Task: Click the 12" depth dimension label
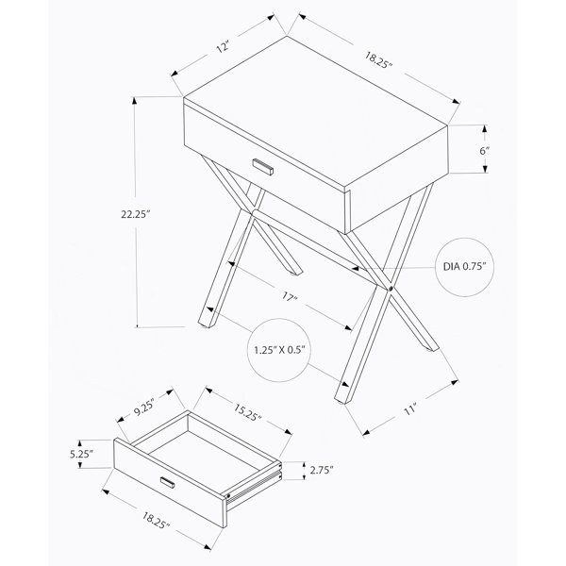pos(224,47)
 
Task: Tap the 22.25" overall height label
pos(135,214)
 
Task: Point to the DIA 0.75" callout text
pos(464,267)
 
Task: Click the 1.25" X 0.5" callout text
pos(279,350)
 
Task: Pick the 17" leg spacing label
pos(290,297)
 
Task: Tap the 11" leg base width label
pos(410,409)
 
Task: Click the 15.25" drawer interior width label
pos(247,412)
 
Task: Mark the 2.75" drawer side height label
pos(322,470)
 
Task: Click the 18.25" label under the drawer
pos(156,521)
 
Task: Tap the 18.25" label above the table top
pos(378,60)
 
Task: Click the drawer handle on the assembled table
pos(263,167)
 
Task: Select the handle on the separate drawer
pos(168,482)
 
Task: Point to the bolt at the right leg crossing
pos(391,289)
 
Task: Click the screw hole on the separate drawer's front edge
pos(228,496)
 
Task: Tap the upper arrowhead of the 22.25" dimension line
pos(135,100)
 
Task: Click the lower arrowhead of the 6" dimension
pos(485,169)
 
